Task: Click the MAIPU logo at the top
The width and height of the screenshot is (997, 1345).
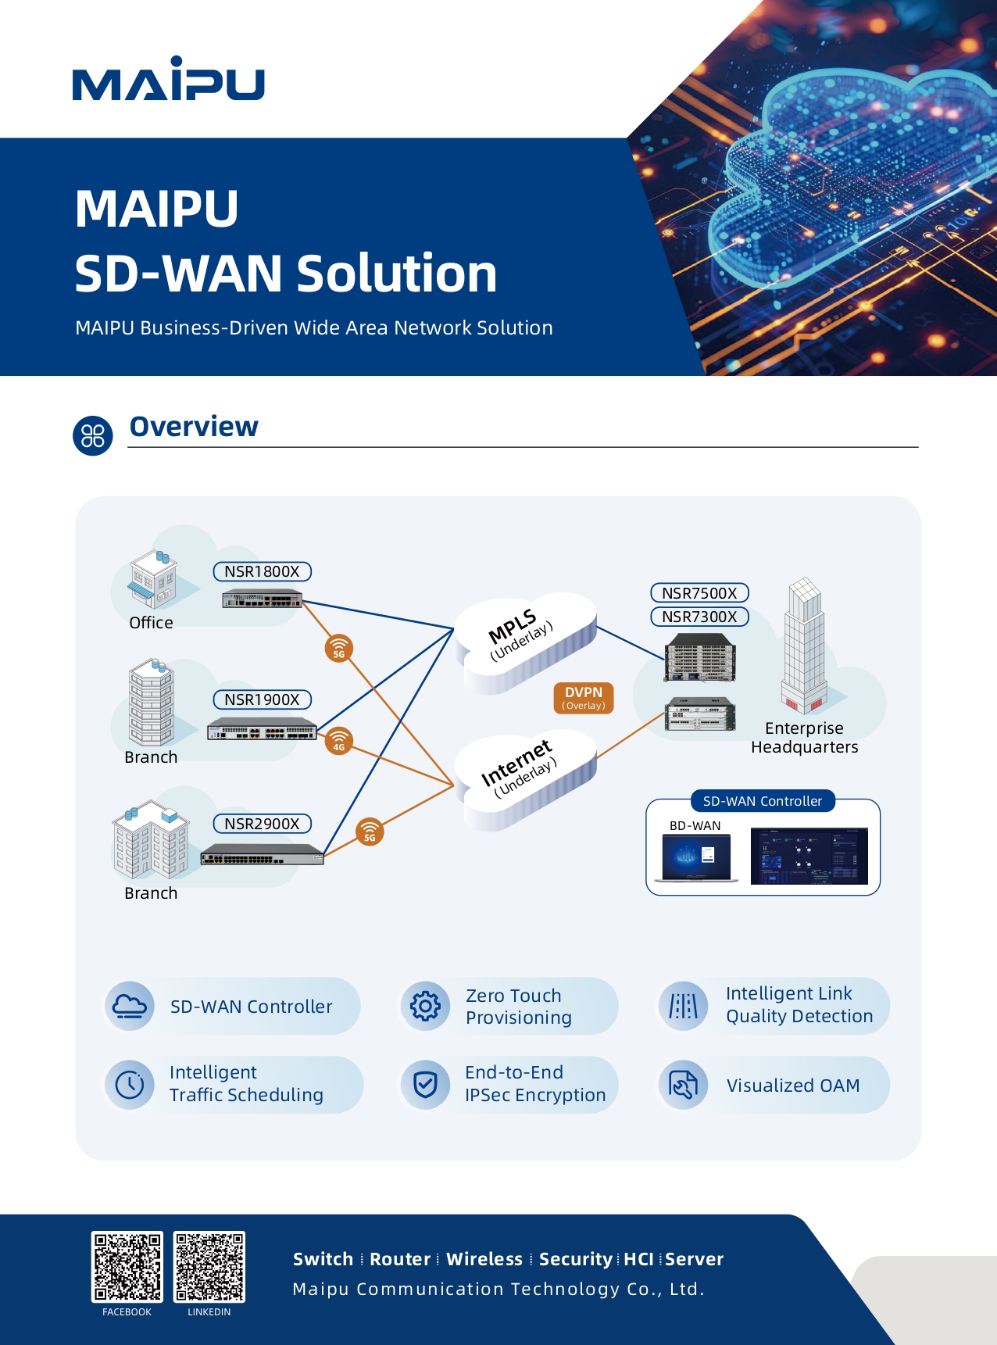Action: (169, 78)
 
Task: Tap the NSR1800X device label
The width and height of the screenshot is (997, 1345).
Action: (263, 571)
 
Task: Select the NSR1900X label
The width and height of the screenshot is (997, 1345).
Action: (263, 699)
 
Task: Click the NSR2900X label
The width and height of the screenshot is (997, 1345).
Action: (263, 824)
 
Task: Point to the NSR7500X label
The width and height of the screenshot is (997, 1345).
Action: (700, 593)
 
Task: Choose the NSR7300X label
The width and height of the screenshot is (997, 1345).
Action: (700, 617)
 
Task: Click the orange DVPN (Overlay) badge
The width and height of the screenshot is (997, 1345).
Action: (584, 698)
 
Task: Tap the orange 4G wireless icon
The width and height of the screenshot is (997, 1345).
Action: (339, 741)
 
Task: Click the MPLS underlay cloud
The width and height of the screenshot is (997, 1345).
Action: (525, 643)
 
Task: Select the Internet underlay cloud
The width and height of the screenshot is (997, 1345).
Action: (525, 780)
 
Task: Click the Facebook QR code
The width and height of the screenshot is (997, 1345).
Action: (127, 1266)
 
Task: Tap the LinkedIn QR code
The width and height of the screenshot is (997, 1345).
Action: (209, 1266)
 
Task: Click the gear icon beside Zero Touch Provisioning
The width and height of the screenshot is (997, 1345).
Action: (425, 1006)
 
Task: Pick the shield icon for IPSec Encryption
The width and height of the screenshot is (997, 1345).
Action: (425, 1085)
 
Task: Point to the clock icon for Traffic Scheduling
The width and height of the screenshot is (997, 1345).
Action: (130, 1085)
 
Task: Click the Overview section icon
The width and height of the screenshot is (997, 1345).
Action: (93, 435)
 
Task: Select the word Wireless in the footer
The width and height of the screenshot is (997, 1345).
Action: (484, 1259)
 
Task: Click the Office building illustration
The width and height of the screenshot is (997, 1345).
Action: (153, 579)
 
